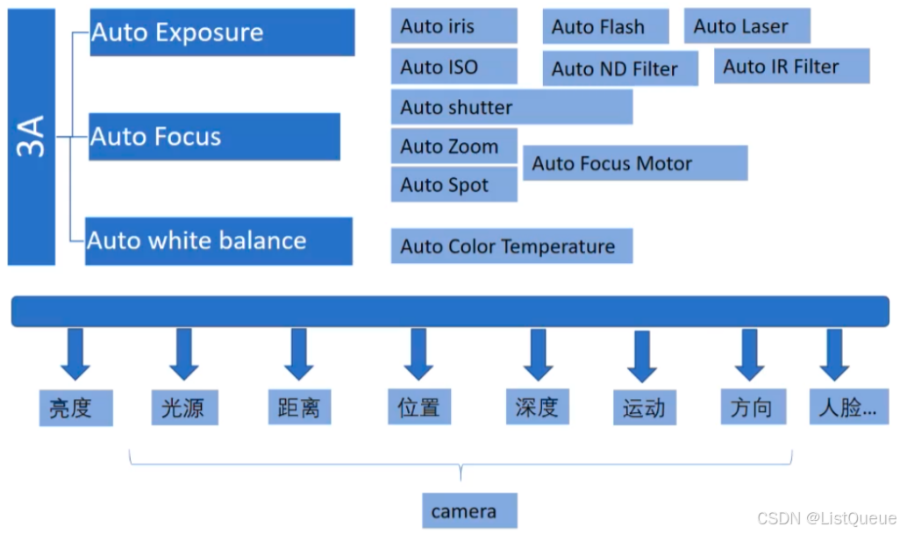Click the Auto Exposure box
pyautogui.click(x=222, y=32)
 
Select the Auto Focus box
pyautogui.click(x=214, y=137)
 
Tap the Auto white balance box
pyautogui.click(x=219, y=241)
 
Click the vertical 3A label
pyautogui.click(x=32, y=137)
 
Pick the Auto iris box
pyautogui.click(x=454, y=26)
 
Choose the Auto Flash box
pyautogui.click(x=605, y=27)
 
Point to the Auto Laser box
pyautogui.click(x=746, y=26)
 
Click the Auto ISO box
pyautogui.click(x=454, y=67)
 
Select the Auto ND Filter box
pyautogui.click(x=621, y=68)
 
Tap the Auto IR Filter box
pyautogui.click(x=792, y=66)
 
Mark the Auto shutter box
pyautogui.click(x=511, y=107)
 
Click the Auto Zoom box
pyautogui.click(x=454, y=146)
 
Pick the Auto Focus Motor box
pyautogui.click(x=635, y=163)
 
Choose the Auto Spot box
pyautogui.click(x=454, y=185)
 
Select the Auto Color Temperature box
pyautogui.click(x=511, y=246)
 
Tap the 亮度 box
pyautogui.click(x=76, y=408)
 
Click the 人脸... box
pyautogui.click(x=847, y=407)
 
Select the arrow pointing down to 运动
pyautogui.click(x=643, y=355)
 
